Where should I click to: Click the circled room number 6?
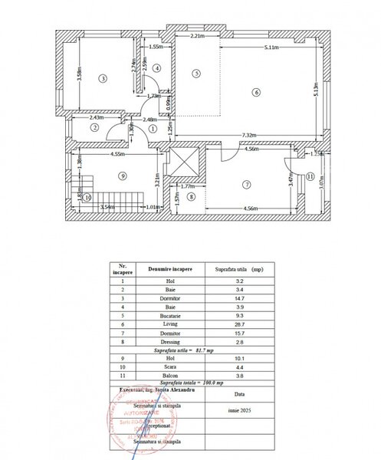click(257, 93)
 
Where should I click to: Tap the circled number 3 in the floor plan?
click(101, 77)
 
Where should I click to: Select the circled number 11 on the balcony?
click(310, 176)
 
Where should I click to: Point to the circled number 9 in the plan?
click(121, 176)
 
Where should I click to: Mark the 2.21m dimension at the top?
click(196, 36)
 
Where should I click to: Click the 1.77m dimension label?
click(188, 186)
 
